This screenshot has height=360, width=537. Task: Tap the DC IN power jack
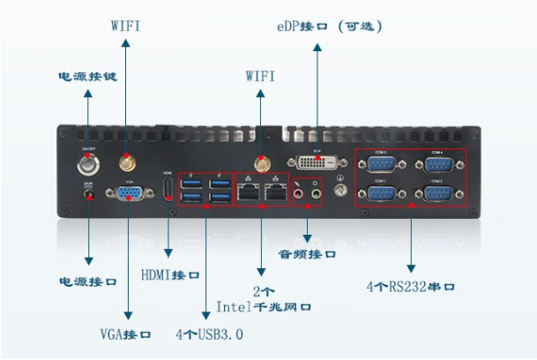(x=87, y=195)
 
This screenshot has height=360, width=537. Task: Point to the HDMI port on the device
(x=168, y=189)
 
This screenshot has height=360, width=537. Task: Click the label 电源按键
(x=87, y=77)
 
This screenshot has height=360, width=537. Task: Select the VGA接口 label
(x=125, y=335)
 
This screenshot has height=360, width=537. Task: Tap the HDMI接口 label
(x=170, y=275)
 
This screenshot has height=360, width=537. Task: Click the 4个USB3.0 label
(x=209, y=335)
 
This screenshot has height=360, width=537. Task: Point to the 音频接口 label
(x=307, y=254)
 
